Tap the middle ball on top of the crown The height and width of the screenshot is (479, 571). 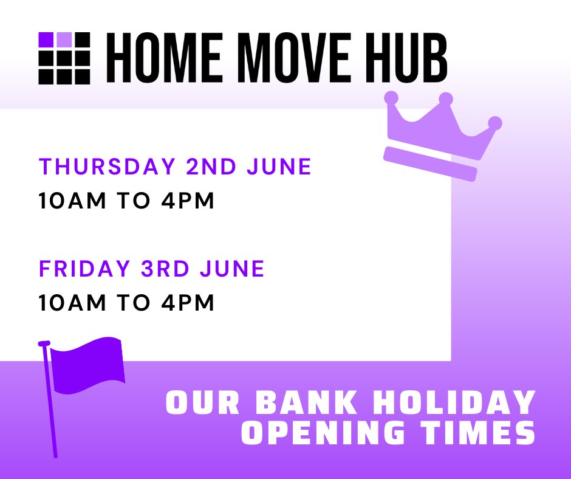coord(446,98)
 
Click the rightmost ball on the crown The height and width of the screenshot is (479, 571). coord(495,122)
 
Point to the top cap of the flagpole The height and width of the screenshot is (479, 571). coord(44,343)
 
